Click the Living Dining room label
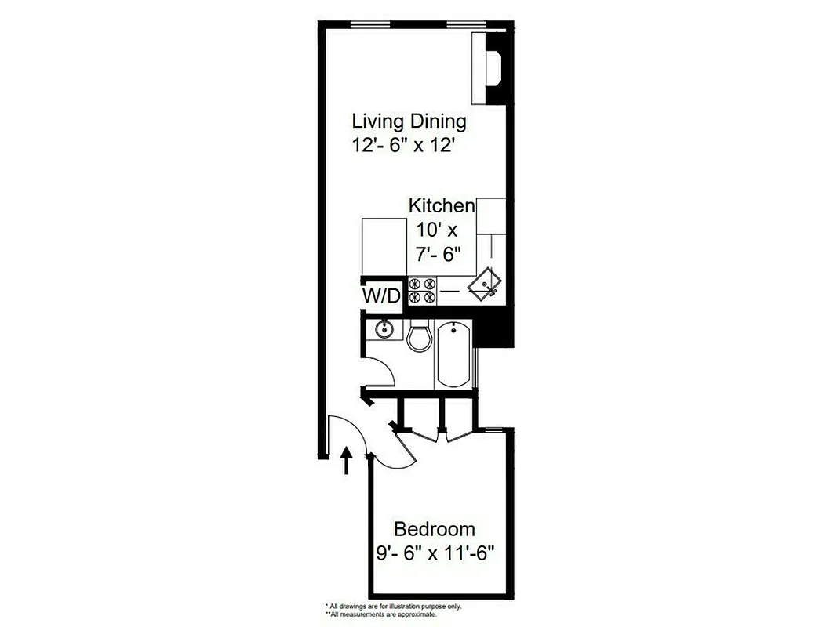click(409, 121)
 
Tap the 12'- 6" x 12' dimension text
click(403, 146)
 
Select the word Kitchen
click(442, 206)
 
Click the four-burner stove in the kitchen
click(423, 291)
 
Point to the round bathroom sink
click(384, 329)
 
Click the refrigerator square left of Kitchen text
click(383, 245)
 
